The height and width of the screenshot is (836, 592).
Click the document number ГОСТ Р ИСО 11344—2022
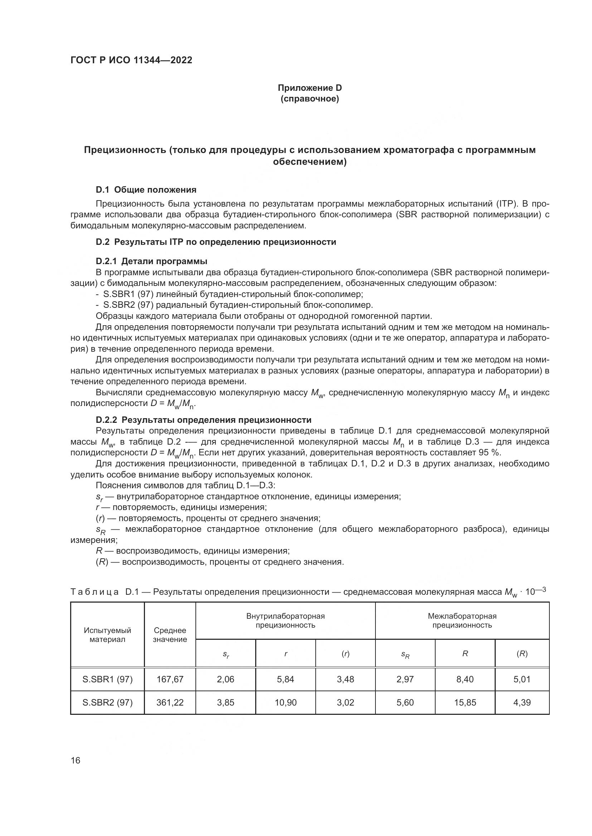point(131,60)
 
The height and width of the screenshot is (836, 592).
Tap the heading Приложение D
point(310,88)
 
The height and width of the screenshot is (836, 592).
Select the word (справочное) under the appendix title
point(310,99)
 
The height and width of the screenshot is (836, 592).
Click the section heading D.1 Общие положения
point(146,190)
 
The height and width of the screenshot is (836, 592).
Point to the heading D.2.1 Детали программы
point(151,261)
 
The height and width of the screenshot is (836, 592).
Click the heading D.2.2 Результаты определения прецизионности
point(203,420)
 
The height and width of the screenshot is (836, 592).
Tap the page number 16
point(76,761)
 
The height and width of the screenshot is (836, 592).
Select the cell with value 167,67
point(170,679)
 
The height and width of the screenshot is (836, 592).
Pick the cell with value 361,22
point(170,702)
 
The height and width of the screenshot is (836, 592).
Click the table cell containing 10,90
point(285,702)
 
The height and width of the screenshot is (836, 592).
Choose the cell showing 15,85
point(465,702)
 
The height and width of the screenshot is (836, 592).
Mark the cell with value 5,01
point(521,679)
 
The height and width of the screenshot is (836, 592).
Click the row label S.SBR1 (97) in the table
point(107,679)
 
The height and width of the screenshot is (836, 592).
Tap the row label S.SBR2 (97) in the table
point(107,702)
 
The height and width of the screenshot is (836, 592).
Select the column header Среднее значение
point(170,635)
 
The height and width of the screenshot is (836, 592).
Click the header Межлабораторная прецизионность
point(462,621)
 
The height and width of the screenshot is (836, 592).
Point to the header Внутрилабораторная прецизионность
point(285,621)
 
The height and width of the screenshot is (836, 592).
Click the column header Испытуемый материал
point(107,635)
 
